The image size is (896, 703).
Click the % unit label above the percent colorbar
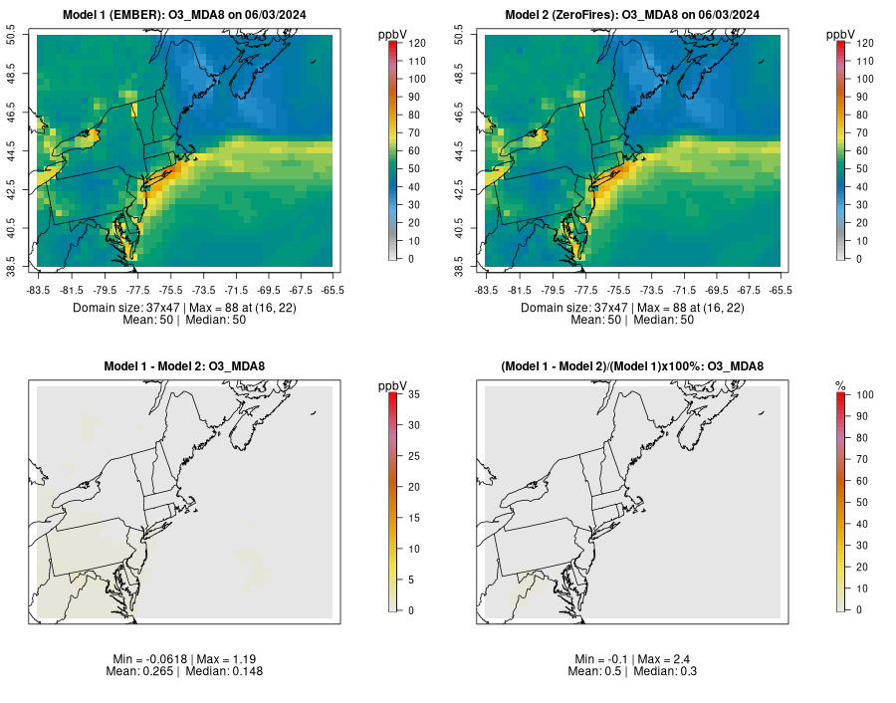840,385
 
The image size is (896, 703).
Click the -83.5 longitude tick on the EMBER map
38,290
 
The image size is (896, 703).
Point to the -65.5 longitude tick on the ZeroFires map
781,290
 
